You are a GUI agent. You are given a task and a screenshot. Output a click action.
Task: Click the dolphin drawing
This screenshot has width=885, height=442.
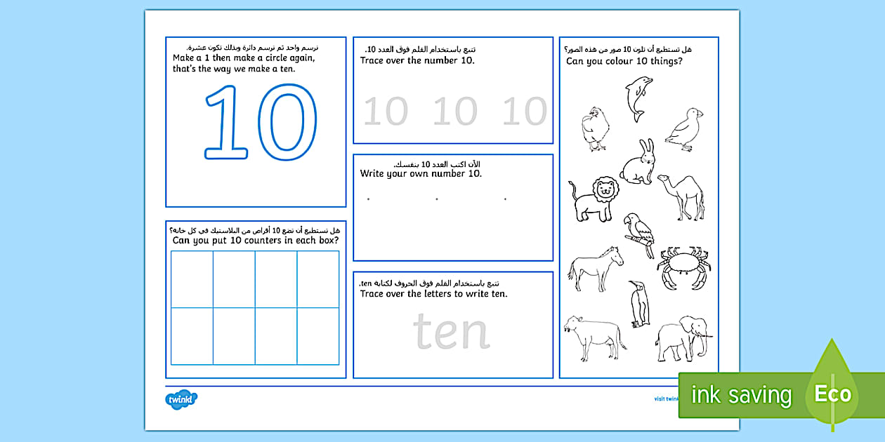[638, 98]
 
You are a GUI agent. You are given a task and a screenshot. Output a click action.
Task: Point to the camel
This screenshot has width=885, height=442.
[681, 196]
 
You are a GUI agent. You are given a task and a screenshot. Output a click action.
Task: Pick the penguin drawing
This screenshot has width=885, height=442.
[639, 304]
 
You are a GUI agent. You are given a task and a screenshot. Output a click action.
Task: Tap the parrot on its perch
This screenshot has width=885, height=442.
[639, 234]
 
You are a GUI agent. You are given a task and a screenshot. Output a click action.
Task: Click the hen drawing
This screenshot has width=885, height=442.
[594, 128]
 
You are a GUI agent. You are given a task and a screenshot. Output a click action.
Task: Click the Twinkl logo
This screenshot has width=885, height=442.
[181, 399]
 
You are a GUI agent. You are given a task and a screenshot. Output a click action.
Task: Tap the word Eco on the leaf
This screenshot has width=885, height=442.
[833, 394]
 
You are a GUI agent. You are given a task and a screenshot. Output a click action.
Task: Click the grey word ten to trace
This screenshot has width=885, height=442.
[450, 331]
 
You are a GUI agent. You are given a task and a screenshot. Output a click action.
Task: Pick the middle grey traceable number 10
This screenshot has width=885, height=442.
[454, 112]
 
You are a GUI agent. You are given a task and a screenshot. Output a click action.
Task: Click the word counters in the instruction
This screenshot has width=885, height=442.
[250, 241]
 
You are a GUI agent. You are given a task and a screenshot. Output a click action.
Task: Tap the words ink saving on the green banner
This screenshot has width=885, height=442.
[741, 395]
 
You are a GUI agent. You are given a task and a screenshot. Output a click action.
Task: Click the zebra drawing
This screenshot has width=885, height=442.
[596, 269]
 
